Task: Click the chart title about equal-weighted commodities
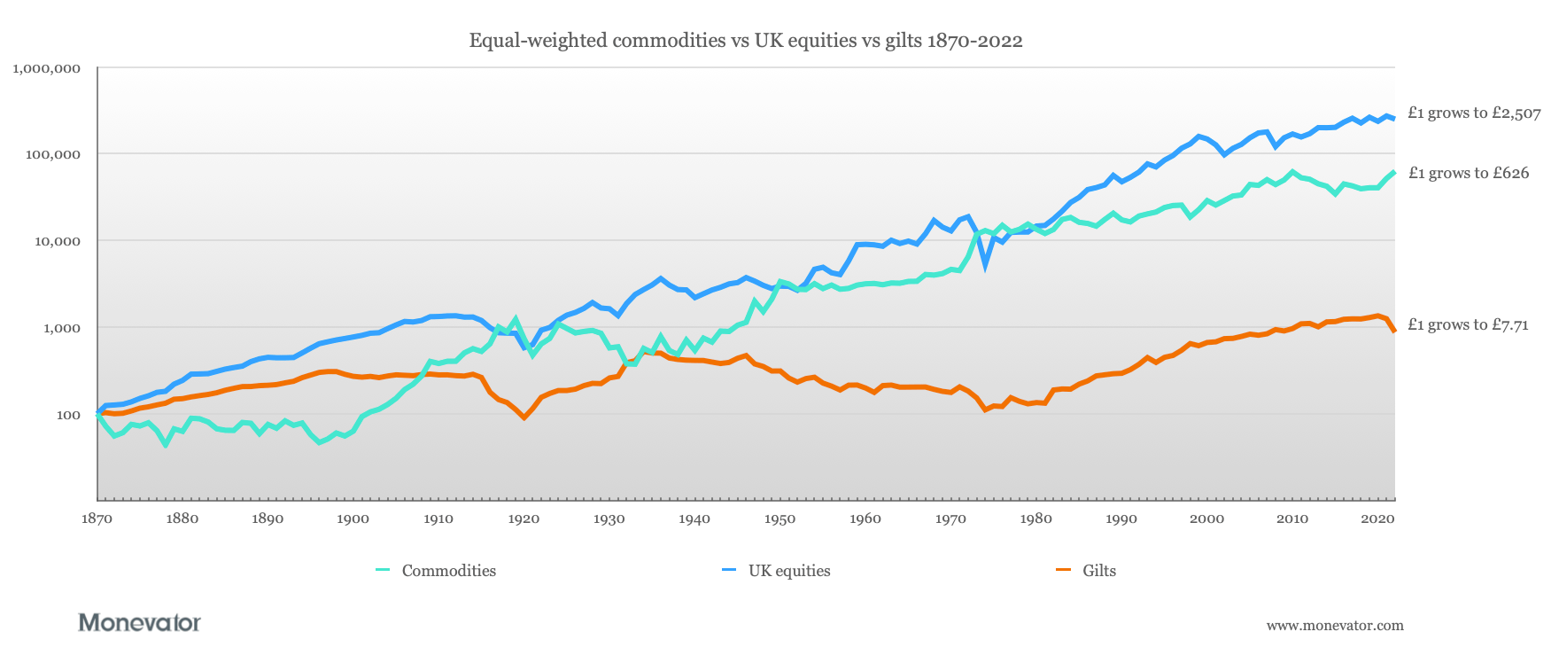[746, 40]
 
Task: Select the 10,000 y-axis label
[54, 241]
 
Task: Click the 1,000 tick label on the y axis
[58, 328]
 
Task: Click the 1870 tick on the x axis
[97, 519]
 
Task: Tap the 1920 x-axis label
[524, 519]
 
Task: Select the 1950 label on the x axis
[779, 519]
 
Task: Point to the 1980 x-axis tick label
[1035, 519]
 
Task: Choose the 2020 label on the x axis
[1377, 519]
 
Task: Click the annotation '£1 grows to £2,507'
[1474, 113]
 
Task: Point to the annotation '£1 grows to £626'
[1468, 173]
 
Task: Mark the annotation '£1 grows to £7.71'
[1468, 324]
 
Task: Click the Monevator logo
[140, 622]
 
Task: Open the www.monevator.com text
[1335, 625]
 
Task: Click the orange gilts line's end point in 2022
[1394, 331]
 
